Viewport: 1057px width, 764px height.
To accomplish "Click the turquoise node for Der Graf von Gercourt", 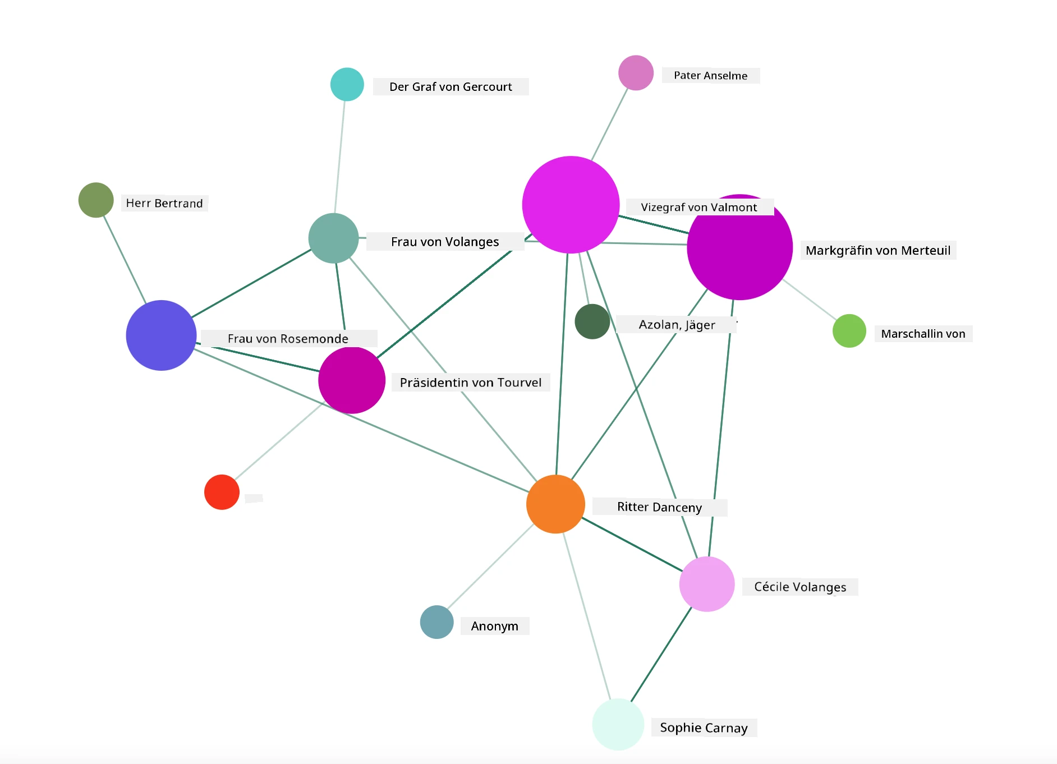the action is (x=347, y=84).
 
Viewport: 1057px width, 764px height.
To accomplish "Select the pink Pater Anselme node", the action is (x=636, y=72).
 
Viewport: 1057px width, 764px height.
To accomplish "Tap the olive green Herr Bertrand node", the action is (x=96, y=200).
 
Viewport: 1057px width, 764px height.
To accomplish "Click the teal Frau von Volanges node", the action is (x=333, y=238).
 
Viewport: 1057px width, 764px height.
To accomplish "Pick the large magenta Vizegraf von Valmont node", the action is (x=571, y=204).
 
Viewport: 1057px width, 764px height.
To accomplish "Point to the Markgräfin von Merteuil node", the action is (x=739, y=247).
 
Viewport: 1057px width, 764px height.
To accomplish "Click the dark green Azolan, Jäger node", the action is (x=592, y=321).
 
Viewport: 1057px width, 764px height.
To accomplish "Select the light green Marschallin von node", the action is (x=849, y=330).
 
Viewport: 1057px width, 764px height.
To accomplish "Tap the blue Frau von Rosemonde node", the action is (x=161, y=335).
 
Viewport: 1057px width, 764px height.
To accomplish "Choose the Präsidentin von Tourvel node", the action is (x=352, y=380).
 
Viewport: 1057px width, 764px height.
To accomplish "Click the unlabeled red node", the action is (x=222, y=492).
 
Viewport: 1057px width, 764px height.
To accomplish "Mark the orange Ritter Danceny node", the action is (x=555, y=504).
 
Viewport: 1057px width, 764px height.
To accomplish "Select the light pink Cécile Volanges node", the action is (x=707, y=584).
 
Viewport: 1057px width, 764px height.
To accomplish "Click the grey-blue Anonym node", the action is (x=436, y=622).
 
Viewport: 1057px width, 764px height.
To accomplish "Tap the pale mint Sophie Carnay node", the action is (x=618, y=724).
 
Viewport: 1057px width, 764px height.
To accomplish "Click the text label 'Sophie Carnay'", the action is (x=704, y=728).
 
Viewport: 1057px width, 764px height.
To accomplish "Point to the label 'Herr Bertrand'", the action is (x=164, y=203).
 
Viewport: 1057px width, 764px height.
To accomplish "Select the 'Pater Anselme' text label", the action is (x=710, y=76).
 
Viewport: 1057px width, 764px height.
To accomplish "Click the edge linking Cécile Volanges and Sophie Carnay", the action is (x=661, y=654).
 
